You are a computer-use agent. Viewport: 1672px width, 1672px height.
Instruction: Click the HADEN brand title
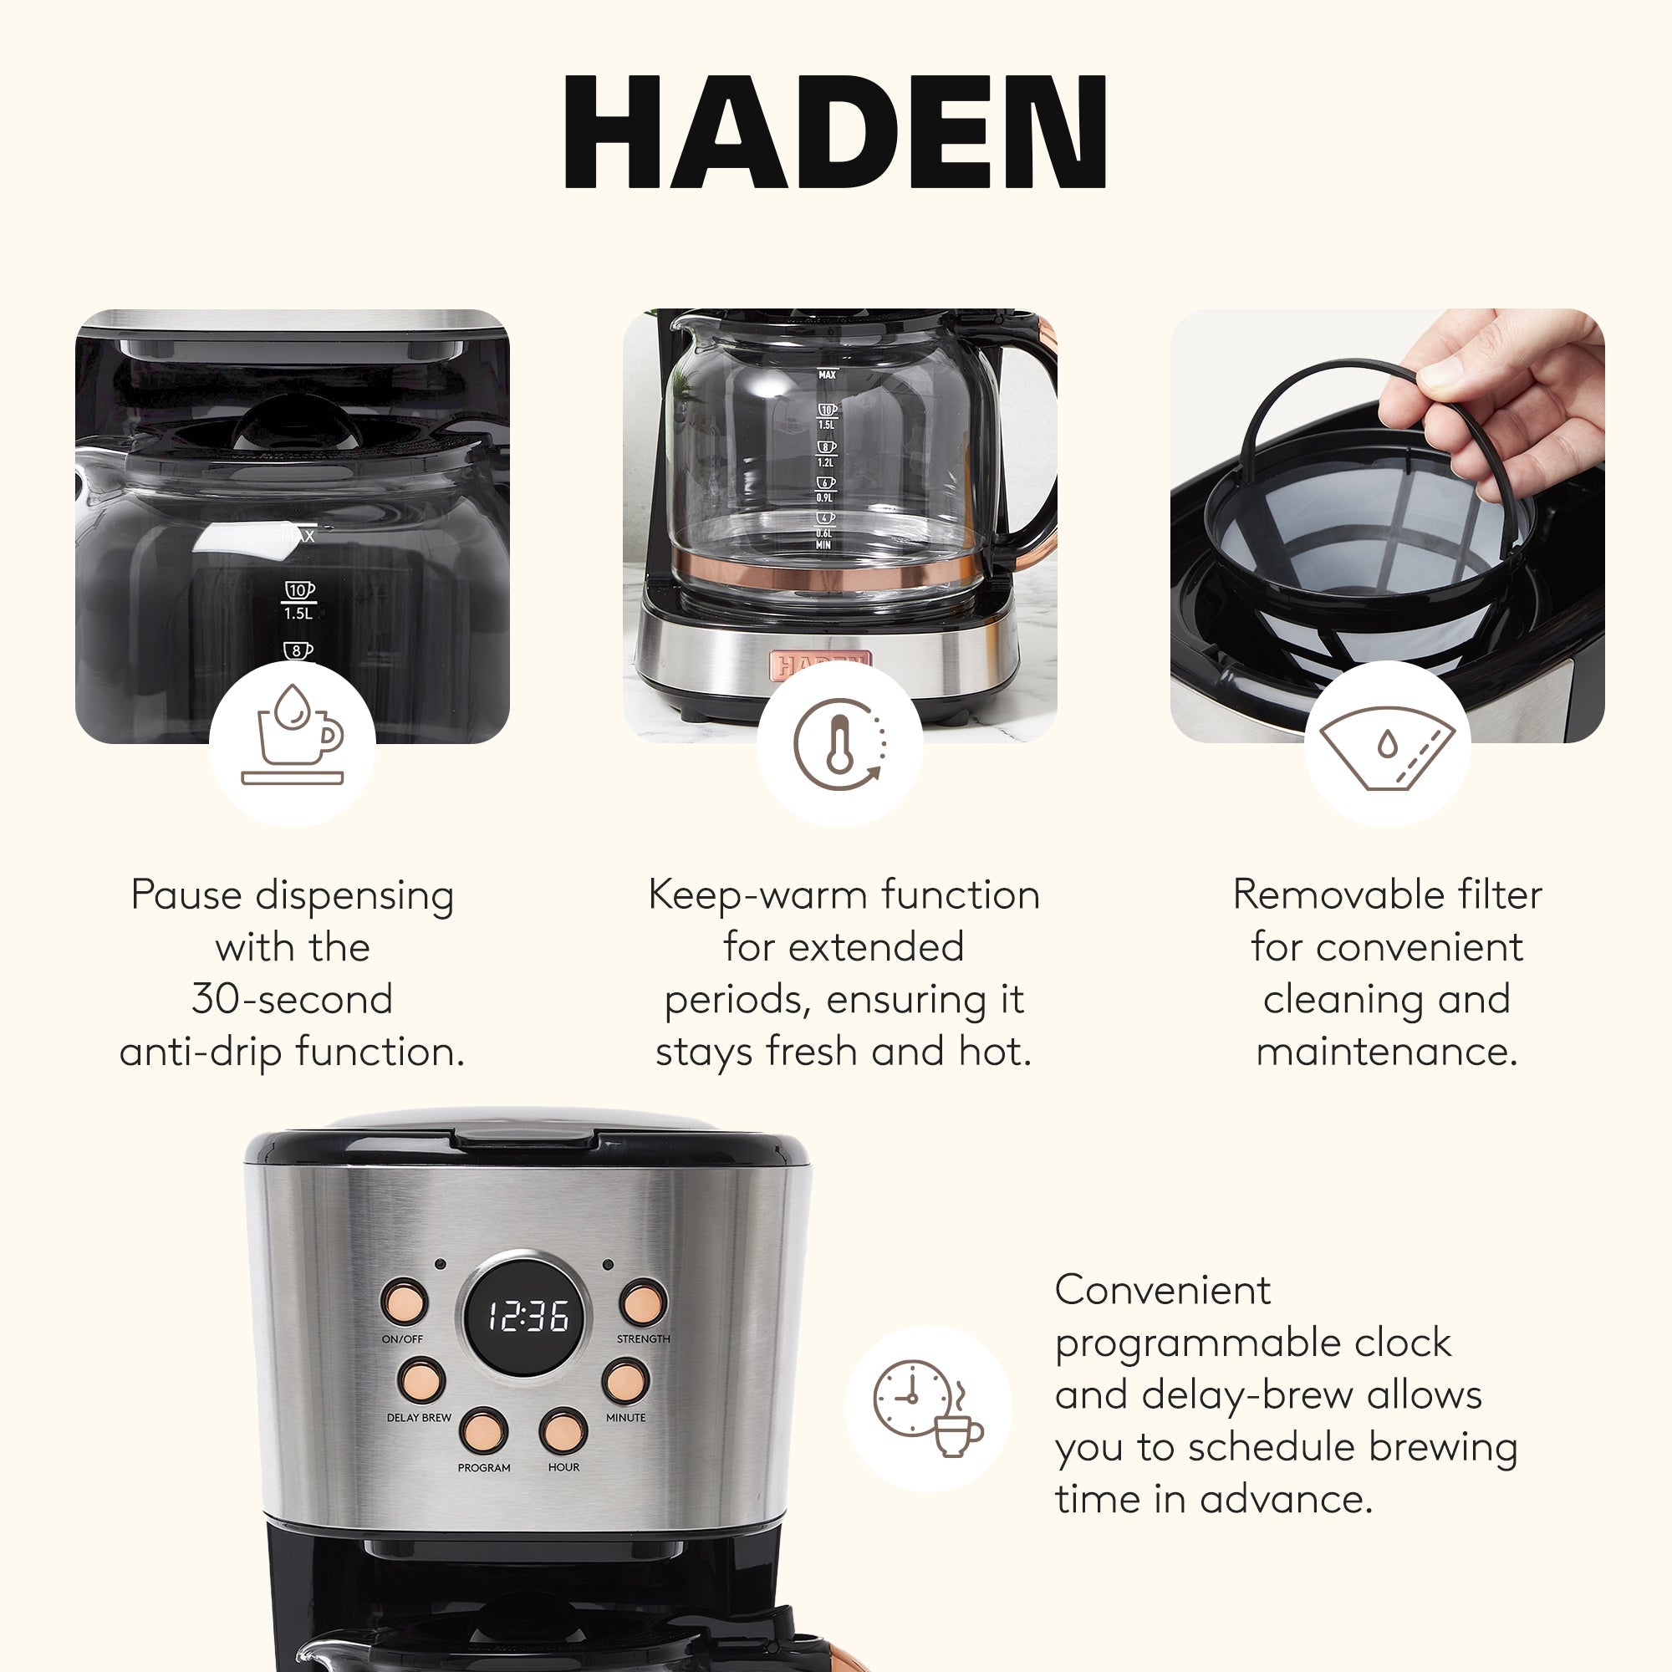point(835,131)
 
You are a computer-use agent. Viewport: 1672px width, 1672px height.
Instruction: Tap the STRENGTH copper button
point(643,1302)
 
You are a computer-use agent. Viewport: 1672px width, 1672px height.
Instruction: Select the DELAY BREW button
point(421,1380)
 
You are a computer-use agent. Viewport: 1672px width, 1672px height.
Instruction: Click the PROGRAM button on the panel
point(483,1430)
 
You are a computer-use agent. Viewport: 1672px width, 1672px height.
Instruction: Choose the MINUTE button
point(624,1380)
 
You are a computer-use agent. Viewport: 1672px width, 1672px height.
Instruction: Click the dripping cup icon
point(293,734)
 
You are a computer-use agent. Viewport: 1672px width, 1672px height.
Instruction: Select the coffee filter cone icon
point(1386,747)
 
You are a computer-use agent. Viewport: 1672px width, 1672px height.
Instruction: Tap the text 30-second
point(293,1000)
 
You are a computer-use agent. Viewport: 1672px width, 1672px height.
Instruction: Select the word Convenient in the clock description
point(1162,1290)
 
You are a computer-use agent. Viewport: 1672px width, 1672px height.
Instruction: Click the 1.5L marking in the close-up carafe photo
point(298,614)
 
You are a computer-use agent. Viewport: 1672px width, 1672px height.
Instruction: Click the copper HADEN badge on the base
point(821,665)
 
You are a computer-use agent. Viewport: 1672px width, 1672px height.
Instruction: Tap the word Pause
point(186,895)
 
